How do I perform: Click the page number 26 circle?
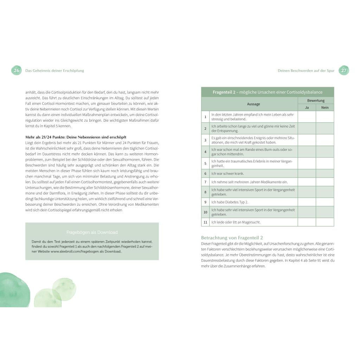point(16,70)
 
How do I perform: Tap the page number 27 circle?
point(343,70)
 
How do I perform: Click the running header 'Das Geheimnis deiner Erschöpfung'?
point(54,70)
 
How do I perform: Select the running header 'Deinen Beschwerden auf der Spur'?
point(306,70)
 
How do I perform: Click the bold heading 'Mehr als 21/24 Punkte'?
point(76,137)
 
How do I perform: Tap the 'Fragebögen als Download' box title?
point(92,232)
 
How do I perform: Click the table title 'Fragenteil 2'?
point(267,92)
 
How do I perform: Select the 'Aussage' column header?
point(253,104)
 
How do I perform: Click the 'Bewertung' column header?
point(316,101)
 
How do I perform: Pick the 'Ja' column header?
point(307,108)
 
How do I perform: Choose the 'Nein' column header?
point(325,108)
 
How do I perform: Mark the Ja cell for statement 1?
point(307,117)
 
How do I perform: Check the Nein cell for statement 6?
point(325,173)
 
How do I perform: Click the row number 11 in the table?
point(205,222)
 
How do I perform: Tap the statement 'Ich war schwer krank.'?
point(227,173)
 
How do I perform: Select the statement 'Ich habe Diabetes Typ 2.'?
point(230,202)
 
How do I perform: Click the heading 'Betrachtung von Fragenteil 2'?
point(232,238)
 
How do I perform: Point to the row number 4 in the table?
point(205,152)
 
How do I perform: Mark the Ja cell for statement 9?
point(307,202)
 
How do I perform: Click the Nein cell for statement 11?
point(325,222)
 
